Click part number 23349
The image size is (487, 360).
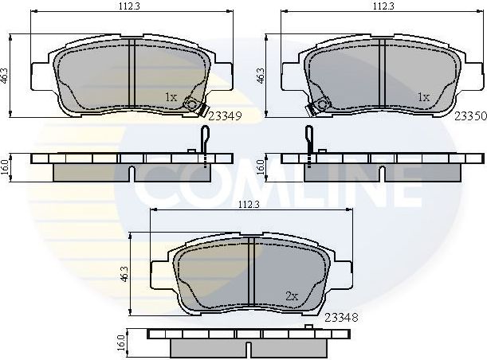226,115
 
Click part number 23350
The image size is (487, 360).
470,115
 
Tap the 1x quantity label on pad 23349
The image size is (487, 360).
171,96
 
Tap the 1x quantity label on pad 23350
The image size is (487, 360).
424,96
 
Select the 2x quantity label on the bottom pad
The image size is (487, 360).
292,296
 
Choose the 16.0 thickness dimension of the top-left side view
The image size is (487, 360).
6,166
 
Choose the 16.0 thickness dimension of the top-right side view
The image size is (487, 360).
260,166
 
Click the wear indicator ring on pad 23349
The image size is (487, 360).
192,103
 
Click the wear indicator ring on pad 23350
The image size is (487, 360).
322,103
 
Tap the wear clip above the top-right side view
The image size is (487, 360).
308,141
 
